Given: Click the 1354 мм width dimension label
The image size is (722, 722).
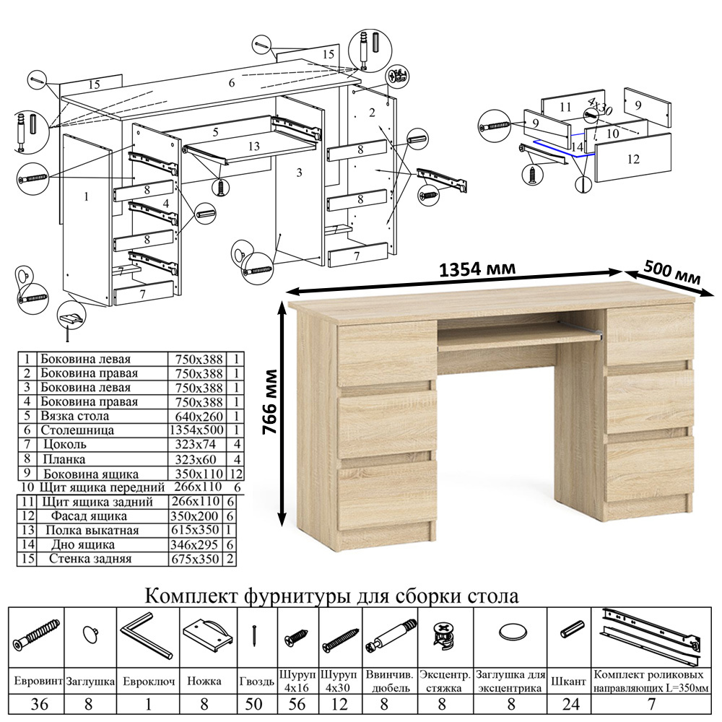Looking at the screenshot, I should (x=477, y=269).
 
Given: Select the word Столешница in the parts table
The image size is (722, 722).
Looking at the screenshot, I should (x=78, y=430).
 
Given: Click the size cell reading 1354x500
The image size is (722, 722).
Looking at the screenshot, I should (x=198, y=430).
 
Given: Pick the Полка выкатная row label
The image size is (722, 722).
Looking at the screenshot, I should (x=85, y=531).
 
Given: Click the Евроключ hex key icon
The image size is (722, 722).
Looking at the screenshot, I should (x=147, y=635).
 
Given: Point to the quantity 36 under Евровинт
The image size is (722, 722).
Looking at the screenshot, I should (x=36, y=705).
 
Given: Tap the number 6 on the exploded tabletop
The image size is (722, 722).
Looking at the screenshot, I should (x=232, y=83).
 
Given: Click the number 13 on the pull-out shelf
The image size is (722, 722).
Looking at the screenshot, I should (x=253, y=146).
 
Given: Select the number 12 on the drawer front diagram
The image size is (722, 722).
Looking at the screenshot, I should (x=633, y=160).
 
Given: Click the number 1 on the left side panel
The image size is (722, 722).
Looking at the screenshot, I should (x=86, y=196).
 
